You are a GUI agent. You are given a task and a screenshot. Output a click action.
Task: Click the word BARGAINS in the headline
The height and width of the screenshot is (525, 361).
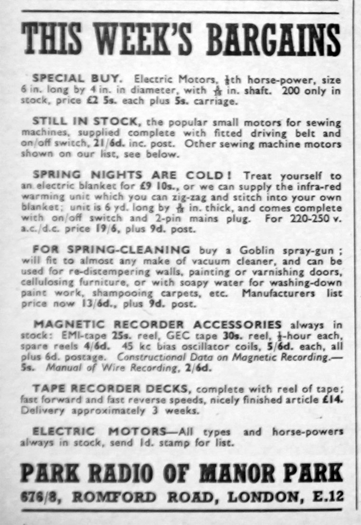[x=273, y=39]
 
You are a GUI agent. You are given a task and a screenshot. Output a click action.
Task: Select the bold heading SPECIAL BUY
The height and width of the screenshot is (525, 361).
[x=77, y=78]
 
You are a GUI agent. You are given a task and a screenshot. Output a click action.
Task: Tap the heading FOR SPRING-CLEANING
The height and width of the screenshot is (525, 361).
[x=111, y=250]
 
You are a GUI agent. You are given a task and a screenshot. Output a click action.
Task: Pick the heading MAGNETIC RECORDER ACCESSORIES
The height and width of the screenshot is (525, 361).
[x=158, y=325]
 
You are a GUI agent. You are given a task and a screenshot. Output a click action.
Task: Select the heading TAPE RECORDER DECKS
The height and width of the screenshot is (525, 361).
[x=111, y=389]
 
